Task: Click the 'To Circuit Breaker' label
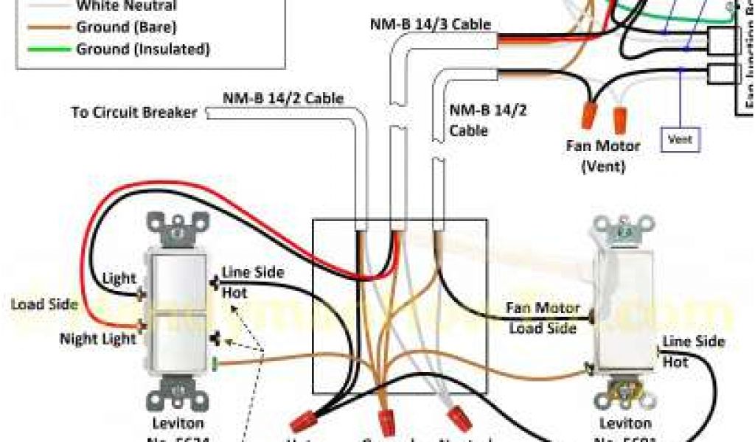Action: [134, 113]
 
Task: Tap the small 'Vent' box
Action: [680, 138]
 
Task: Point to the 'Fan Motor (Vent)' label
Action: [603, 155]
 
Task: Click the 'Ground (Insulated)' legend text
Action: [143, 49]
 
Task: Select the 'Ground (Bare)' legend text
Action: [125, 28]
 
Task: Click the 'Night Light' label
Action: [98, 339]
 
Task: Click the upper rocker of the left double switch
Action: [178, 279]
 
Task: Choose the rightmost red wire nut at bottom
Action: [460, 419]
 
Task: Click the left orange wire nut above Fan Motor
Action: [588, 114]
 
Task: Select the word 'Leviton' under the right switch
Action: [625, 424]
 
